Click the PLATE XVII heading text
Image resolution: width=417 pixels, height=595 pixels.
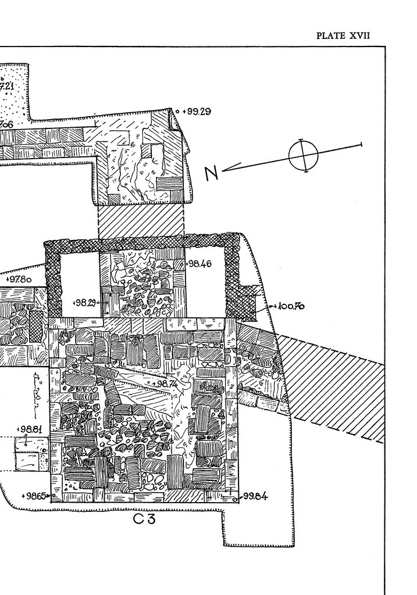[x=343, y=36]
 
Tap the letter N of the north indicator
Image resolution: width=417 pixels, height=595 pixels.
[x=212, y=173]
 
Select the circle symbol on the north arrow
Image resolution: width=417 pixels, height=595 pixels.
[x=303, y=156]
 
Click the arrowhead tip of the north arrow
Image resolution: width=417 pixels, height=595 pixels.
[x=223, y=170]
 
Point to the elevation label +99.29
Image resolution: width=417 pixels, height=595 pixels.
[x=196, y=111]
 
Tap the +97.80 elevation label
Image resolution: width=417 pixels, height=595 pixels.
[x=19, y=279]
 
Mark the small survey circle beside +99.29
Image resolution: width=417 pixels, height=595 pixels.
[x=177, y=110]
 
